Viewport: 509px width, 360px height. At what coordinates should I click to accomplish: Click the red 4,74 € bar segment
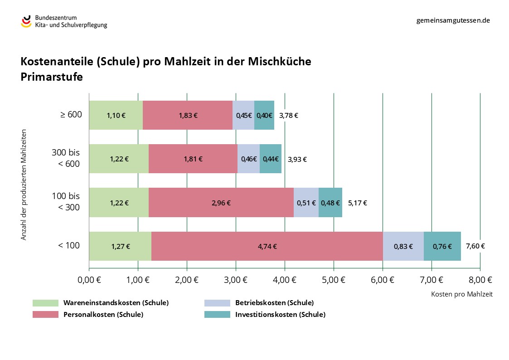pyautogui.click(x=267, y=246)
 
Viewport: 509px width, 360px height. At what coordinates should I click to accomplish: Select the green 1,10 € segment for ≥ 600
pyautogui.click(x=116, y=115)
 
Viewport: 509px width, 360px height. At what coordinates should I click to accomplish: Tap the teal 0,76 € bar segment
pyautogui.click(x=442, y=246)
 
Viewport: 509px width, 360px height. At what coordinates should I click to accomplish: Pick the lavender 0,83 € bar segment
pyautogui.click(x=403, y=246)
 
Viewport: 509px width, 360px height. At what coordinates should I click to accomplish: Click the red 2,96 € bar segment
pyautogui.click(x=221, y=203)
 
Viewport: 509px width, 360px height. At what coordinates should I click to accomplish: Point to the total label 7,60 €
pyautogui.click(x=475, y=246)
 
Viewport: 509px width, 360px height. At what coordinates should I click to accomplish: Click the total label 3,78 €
pyautogui.click(x=289, y=115)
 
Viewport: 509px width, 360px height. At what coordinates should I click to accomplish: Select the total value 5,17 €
pyautogui.click(x=358, y=203)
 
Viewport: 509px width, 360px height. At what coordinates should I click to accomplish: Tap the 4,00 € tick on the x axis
pyautogui.click(x=285, y=279)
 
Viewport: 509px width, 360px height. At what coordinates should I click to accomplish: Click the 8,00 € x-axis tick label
pyautogui.click(x=480, y=279)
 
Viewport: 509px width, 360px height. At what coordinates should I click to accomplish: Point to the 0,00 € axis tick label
pyautogui.click(x=89, y=279)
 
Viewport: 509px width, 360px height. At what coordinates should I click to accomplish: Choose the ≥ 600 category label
pyautogui.click(x=71, y=115)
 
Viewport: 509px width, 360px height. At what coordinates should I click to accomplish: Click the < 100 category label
pyautogui.click(x=68, y=246)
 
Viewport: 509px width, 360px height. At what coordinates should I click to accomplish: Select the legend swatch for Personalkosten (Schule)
pyautogui.click(x=45, y=315)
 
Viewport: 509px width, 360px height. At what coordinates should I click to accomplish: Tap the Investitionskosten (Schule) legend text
pyautogui.click(x=280, y=315)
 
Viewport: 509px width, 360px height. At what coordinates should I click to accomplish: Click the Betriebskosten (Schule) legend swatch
pyautogui.click(x=217, y=303)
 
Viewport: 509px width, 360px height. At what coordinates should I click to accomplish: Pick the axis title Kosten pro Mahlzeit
pyautogui.click(x=461, y=294)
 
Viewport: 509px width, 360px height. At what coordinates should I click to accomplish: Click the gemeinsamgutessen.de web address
pyautogui.click(x=453, y=20)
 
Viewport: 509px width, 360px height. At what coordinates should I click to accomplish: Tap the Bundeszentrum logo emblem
pyautogui.click(x=26, y=21)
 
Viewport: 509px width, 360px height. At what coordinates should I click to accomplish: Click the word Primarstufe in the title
pyautogui.click(x=52, y=77)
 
